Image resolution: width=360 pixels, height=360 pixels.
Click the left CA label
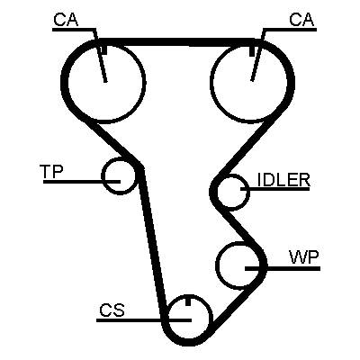tap(66, 20)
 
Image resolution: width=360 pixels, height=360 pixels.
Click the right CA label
tap(301, 20)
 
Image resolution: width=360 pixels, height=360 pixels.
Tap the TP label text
tap(51, 172)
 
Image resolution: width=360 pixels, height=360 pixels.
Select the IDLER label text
tap(283, 180)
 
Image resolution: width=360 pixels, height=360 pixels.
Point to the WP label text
tap(304, 257)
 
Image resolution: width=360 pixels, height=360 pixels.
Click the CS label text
tap(112, 310)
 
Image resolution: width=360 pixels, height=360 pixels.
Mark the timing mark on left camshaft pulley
tap(104, 50)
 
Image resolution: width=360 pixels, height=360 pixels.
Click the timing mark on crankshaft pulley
tap(188, 301)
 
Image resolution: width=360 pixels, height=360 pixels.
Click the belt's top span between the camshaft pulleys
tap(177, 42)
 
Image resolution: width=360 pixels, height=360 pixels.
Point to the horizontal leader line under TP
tap(82, 182)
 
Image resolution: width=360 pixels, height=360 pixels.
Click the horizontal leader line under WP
tap(283, 268)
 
